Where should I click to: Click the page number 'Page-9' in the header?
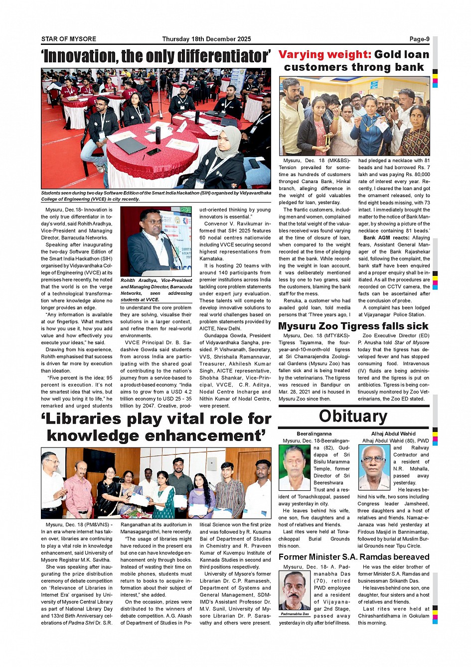pos(419,39)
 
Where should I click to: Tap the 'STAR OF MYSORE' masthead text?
pos(69,39)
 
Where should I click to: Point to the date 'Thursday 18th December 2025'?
pos(206,39)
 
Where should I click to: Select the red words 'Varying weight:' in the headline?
pos(324,54)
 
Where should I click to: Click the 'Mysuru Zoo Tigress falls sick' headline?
pos(353,326)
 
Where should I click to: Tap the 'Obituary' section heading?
pos(353,416)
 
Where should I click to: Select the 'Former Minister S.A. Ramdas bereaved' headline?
pos(354,557)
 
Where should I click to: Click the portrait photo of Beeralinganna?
pos(294,467)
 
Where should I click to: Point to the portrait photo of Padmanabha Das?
pos(295,590)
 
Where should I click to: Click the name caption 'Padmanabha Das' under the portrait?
pos(295,614)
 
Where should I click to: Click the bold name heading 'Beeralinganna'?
pos(314,434)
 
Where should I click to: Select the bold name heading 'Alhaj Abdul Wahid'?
pos(393,434)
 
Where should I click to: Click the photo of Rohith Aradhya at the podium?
pos(156,241)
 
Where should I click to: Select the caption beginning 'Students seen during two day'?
pos(156,196)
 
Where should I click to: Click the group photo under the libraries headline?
pos(156,482)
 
